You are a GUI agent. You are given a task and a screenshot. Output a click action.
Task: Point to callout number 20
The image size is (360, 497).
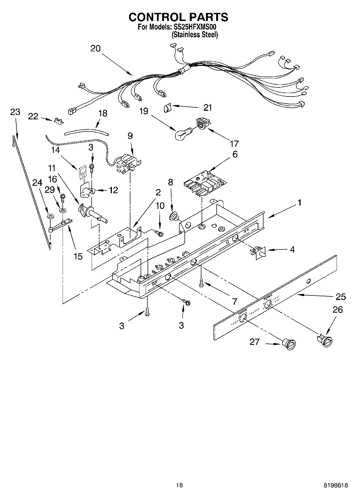(95, 49)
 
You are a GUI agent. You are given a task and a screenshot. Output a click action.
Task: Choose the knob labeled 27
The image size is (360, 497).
(289, 344)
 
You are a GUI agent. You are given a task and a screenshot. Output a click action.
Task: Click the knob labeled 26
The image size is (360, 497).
(326, 341)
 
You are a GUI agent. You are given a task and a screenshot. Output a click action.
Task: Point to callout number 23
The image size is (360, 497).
(15, 112)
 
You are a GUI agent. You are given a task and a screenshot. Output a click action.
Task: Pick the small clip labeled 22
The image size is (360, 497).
(59, 121)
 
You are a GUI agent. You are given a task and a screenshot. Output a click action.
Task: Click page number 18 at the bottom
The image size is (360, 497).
(179, 485)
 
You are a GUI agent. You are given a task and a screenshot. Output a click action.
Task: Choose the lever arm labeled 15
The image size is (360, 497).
(60, 225)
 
